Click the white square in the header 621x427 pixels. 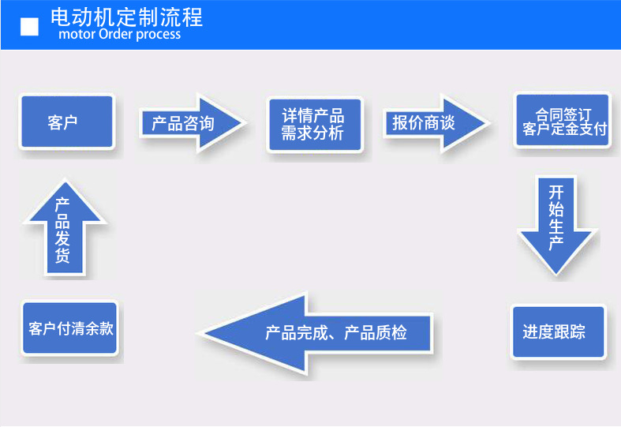pyautogui.click(x=29, y=27)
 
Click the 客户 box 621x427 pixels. pyautogui.click(x=67, y=123)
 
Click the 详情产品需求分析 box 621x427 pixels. pyautogui.click(x=313, y=124)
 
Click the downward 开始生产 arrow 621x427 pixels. pyautogui.click(x=556, y=221)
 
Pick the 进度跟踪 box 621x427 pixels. pyautogui.click(x=558, y=331)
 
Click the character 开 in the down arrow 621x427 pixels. pyautogui.click(x=556, y=192)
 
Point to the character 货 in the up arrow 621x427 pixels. pyautogui.click(x=63, y=257)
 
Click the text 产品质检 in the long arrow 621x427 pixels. pyautogui.click(x=376, y=333)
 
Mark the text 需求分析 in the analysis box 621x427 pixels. pyautogui.click(x=313, y=133)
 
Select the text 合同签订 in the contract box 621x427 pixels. pyautogui.click(x=563, y=114)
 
